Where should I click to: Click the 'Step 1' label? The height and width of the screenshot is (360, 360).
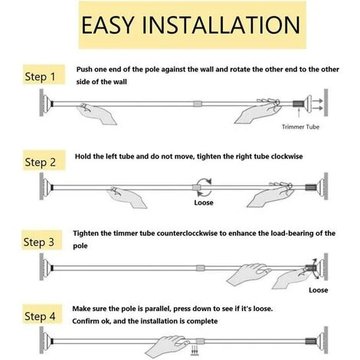point(40,77)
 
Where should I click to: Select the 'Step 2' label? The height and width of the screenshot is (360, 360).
point(41,162)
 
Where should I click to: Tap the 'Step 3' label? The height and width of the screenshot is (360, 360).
point(39,242)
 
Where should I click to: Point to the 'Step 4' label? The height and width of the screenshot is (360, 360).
point(40,316)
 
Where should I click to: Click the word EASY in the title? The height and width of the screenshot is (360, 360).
point(107,25)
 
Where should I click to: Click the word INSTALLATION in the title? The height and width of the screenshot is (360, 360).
point(221,25)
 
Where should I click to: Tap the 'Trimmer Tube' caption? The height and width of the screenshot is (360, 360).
point(300,126)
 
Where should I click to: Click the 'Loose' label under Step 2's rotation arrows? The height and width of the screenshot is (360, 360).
point(204,203)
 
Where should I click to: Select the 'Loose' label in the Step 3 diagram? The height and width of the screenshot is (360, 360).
point(319,290)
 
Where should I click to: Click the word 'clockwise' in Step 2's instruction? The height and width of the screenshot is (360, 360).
point(286,156)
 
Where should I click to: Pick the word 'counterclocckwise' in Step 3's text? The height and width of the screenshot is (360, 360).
point(187,233)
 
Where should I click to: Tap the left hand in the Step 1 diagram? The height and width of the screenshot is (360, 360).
point(97,114)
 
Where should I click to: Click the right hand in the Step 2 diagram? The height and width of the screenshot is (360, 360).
point(270,195)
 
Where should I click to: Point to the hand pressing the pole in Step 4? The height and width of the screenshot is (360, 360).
point(168,347)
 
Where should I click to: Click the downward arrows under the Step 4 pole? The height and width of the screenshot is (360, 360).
point(195,350)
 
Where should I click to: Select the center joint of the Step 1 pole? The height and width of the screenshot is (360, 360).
point(198,104)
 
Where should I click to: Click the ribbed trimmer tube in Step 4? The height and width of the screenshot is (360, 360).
point(309,341)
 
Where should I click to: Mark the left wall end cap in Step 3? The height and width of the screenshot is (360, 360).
point(45,267)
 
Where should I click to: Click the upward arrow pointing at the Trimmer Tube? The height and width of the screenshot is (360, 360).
point(299,113)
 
